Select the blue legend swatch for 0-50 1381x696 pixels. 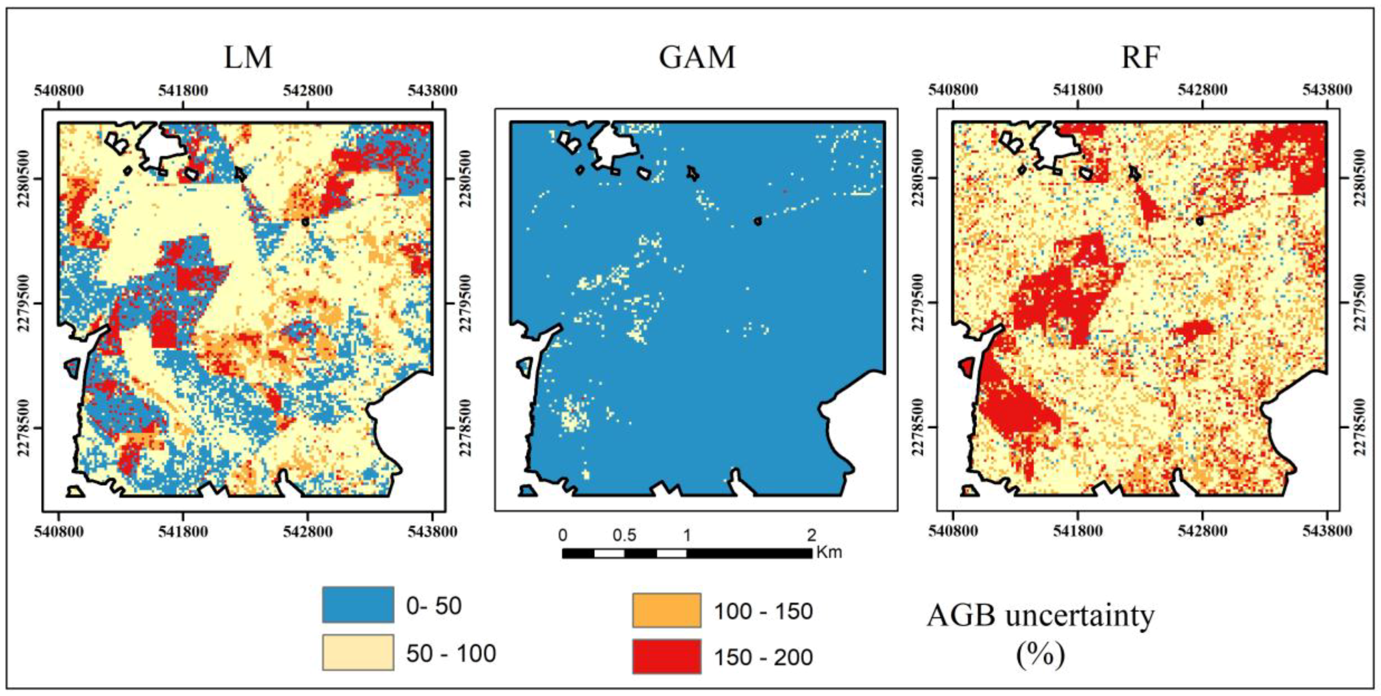click(x=357, y=604)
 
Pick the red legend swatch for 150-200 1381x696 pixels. click(x=666, y=656)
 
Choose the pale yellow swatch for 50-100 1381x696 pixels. click(x=357, y=652)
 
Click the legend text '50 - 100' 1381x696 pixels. click(x=451, y=653)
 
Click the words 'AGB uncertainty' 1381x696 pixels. click(x=1040, y=616)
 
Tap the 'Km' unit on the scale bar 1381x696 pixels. click(x=828, y=552)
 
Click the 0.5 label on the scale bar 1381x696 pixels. click(x=624, y=535)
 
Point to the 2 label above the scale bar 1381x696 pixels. click(x=811, y=535)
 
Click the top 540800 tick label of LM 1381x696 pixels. click(x=59, y=90)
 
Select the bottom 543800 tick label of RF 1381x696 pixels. click(x=1327, y=531)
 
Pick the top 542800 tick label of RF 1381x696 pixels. click(x=1202, y=90)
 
